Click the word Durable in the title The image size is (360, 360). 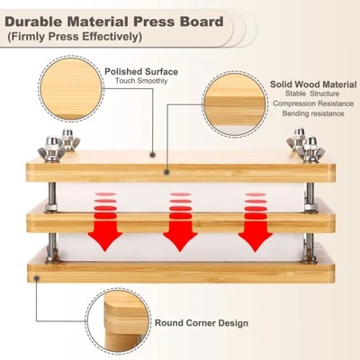(x=33, y=22)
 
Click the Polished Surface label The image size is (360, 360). (x=141, y=72)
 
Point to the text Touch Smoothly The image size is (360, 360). (x=141, y=81)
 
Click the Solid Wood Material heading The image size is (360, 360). (x=313, y=85)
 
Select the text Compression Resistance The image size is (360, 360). (x=313, y=103)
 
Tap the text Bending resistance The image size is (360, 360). (x=313, y=113)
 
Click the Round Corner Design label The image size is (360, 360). (x=202, y=323)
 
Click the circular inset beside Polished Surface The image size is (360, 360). (x=71, y=88)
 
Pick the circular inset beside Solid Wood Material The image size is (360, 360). (x=235, y=104)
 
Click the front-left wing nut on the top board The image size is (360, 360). (x=52, y=149)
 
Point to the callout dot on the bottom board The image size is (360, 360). (x=37, y=279)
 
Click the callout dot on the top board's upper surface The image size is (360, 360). (x=153, y=155)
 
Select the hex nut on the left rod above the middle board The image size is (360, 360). (x=51, y=208)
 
